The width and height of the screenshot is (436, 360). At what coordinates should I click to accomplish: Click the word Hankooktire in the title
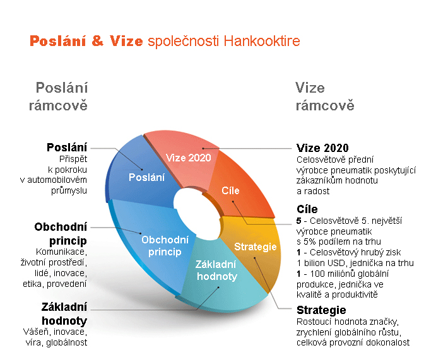click(262, 41)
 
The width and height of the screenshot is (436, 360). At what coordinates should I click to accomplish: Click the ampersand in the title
click(97, 41)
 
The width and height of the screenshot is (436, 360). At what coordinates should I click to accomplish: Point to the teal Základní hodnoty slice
click(220, 275)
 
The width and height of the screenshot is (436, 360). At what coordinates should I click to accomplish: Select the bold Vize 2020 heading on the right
click(322, 148)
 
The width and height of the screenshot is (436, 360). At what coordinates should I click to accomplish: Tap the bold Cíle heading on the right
click(307, 209)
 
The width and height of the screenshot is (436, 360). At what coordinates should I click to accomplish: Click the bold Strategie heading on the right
click(321, 310)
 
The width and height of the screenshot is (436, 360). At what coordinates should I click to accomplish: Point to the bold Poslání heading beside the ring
click(67, 148)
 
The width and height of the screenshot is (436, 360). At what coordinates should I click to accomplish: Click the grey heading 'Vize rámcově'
click(325, 96)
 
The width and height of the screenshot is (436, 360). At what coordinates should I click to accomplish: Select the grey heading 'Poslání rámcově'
click(59, 96)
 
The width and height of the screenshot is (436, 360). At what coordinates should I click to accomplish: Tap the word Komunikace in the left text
click(61, 252)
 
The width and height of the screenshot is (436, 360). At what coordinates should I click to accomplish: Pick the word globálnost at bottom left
click(66, 342)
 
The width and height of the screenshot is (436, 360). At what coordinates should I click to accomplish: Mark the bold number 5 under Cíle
click(299, 221)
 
